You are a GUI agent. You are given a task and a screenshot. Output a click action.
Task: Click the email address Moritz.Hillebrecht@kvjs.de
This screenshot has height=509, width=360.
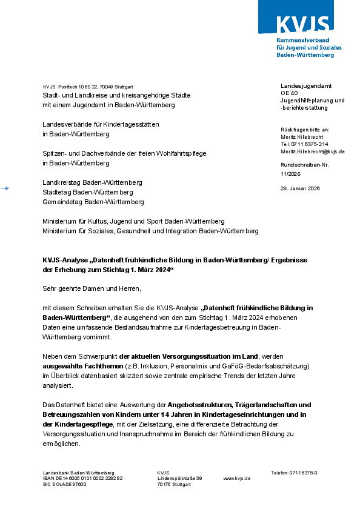point(313,151)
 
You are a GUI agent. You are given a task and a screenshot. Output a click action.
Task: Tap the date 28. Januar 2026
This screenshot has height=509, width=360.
point(300,188)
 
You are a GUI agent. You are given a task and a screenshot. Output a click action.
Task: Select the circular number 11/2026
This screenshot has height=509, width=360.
point(291,174)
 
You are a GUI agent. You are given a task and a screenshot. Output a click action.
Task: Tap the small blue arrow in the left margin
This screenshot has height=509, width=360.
point(5,189)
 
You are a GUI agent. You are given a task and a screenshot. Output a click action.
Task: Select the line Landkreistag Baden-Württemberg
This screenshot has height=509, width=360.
point(92,182)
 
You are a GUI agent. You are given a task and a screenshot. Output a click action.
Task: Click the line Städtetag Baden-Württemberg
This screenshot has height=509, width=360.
point(88,192)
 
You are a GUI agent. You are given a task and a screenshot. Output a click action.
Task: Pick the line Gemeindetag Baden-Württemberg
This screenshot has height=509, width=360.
point(93,202)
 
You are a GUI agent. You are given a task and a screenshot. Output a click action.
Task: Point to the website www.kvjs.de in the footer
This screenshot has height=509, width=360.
point(237,479)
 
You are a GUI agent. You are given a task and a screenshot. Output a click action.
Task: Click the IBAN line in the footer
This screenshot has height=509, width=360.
point(82,479)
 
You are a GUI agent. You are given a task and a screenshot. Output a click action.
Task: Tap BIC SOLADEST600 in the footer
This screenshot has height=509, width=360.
point(65,485)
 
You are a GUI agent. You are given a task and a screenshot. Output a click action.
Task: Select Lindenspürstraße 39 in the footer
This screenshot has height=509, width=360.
point(179,479)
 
